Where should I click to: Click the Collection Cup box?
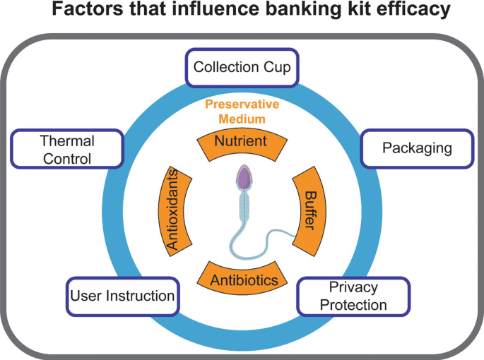[243, 68]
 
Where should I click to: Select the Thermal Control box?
[67, 150]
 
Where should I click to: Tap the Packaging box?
[417, 148]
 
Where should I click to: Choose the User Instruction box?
[122, 295]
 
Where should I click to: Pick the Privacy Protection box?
[353, 296]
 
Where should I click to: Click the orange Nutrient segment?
[240, 142]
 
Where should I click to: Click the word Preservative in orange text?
[242, 104]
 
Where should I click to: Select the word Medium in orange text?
[242, 118]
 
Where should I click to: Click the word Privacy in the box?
[353, 287]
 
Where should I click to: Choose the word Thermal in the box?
[67, 141]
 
